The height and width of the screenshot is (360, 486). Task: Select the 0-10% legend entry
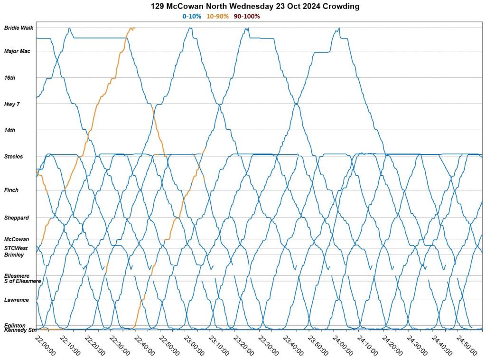192,16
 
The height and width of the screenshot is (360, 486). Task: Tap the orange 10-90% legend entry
217,16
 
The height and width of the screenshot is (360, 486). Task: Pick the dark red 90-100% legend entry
246,16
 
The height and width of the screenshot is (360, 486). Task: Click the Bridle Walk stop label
19,28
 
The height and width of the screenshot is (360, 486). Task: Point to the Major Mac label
17,51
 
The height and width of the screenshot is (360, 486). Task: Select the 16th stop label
9,77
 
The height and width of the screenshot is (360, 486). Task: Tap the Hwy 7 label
12,104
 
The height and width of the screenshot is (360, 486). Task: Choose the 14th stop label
9,130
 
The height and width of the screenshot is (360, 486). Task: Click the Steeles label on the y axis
13,157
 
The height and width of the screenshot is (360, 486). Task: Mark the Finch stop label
11,190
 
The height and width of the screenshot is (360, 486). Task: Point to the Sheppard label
17,218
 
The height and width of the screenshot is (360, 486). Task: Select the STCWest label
16,248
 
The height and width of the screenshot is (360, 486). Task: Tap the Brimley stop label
14,255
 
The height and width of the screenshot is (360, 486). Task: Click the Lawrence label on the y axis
17,300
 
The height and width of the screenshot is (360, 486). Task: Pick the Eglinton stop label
15,325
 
